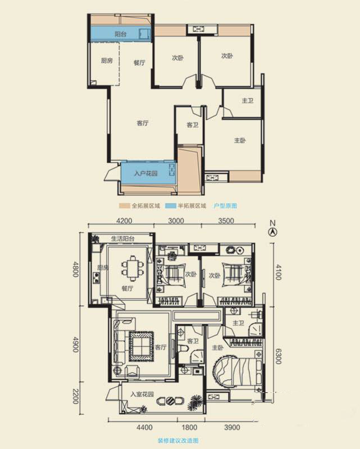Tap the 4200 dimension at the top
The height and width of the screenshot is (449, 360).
124,221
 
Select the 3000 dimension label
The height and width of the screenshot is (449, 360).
176,221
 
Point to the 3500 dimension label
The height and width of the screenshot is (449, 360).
226,221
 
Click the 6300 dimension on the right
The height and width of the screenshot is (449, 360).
278,356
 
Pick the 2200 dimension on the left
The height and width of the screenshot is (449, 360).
75,396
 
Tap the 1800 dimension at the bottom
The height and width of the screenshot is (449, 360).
189,428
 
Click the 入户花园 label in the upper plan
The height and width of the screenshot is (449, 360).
146,173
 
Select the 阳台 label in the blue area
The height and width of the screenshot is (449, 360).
120,34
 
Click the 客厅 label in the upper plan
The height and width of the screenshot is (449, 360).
143,123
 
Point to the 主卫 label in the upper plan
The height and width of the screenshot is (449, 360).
247,100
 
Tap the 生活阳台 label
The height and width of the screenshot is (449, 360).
122,239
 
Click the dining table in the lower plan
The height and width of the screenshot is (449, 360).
132,268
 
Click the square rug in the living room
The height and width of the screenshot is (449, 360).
141,346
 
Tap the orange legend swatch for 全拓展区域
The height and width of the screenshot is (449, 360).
124,206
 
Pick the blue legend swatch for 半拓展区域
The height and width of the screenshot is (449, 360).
171,206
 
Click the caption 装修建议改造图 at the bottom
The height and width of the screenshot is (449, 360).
178,441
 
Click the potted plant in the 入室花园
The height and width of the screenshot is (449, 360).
195,402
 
